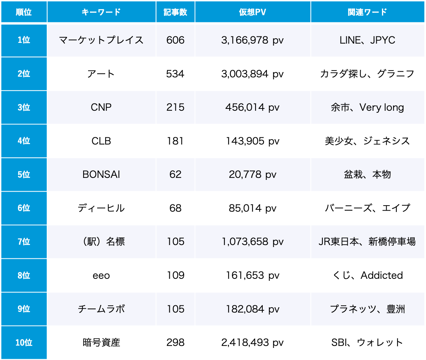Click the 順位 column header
click(24, 12)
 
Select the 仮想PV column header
click(252, 12)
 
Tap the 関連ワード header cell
click(367, 12)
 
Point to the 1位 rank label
click(24, 40)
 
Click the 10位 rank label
click(24, 343)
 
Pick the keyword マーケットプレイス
click(101, 40)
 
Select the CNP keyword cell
click(101, 107)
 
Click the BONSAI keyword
click(101, 174)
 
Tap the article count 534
click(175, 74)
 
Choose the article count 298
click(175, 343)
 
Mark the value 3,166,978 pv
click(252, 40)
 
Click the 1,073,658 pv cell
click(252, 242)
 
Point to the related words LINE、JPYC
click(367, 40)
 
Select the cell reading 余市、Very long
click(367, 107)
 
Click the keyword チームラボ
click(101, 309)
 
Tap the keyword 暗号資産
click(101, 343)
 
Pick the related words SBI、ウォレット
click(367, 343)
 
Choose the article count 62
click(175, 174)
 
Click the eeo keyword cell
click(101, 275)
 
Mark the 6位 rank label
click(24, 208)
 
